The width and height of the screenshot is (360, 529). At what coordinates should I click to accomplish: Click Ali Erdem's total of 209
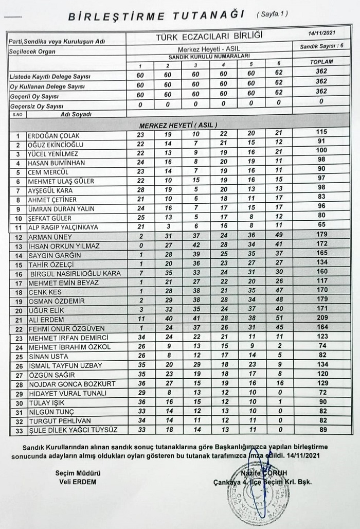click(x=321, y=320)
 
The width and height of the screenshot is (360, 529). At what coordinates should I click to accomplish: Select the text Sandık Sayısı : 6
click(x=321, y=46)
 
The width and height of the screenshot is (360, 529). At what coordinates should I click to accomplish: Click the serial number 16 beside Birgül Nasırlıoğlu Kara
click(x=19, y=274)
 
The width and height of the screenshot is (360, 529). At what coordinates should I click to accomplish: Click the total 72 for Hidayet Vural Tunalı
click(x=321, y=393)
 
